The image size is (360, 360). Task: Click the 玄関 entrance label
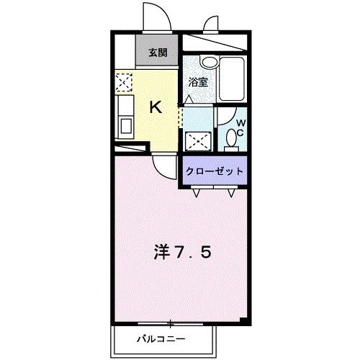[157, 53]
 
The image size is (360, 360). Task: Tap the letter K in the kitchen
[154, 107]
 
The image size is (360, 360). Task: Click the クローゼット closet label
[215, 171]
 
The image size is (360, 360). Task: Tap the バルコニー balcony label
[160, 338]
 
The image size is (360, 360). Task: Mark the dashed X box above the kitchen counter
[123, 84]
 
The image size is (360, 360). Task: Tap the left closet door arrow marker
[197, 192]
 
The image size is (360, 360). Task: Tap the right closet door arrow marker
[231, 192]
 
